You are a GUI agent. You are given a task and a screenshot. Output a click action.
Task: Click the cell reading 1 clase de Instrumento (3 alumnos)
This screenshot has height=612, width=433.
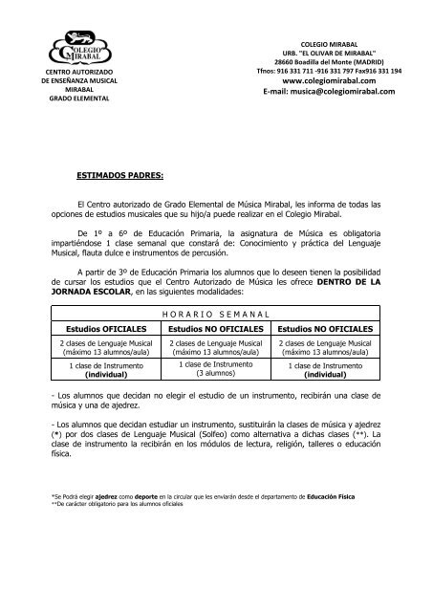[215, 368]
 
